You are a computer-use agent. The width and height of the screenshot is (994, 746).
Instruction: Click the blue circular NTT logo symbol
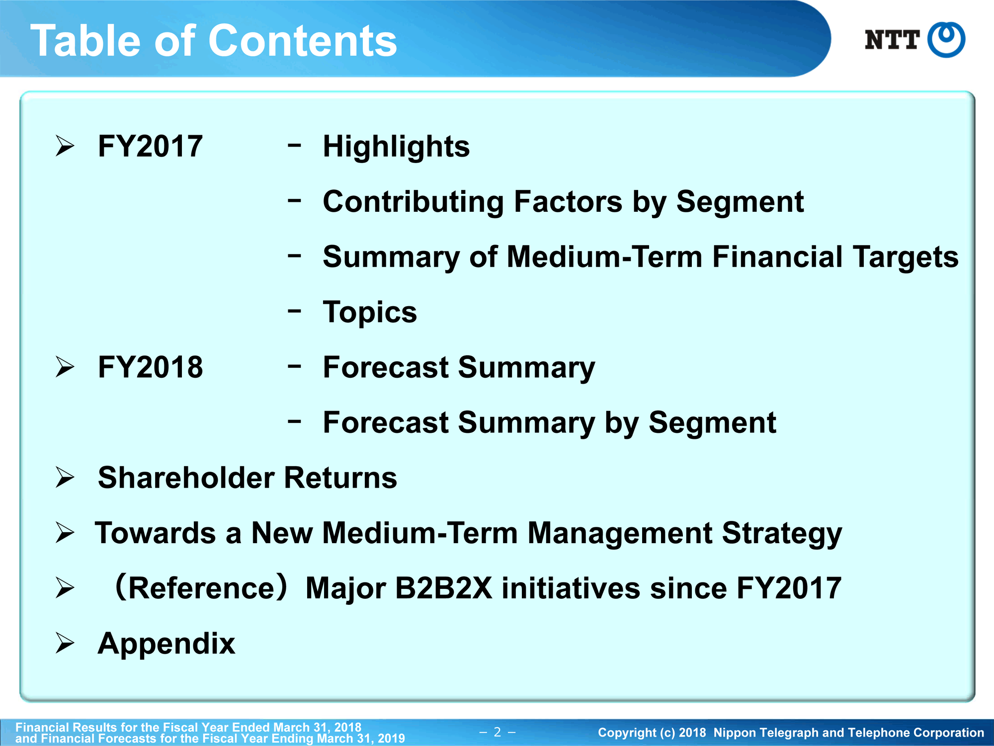(x=946, y=40)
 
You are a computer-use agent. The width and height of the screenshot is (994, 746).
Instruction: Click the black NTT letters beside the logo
(x=892, y=40)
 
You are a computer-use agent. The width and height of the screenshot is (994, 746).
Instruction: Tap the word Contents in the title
(x=303, y=41)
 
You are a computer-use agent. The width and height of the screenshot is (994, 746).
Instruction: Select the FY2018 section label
(x=150, y=367)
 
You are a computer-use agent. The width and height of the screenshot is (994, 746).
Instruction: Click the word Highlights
(x=396, y=147)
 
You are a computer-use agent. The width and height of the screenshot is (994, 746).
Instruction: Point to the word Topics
(x=370, y=313)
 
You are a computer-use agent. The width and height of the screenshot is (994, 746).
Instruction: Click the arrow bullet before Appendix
(x=65, y=643)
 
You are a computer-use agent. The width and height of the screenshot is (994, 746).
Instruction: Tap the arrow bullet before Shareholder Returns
(x=65, y=478)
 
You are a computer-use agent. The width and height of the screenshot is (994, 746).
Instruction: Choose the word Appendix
(x=166, y=644)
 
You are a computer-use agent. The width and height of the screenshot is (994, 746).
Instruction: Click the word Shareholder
(x=186, y=478)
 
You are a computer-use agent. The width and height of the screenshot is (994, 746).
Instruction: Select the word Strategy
(x=782, y=534)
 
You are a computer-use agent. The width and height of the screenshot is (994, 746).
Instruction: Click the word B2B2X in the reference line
(x=444, y=588)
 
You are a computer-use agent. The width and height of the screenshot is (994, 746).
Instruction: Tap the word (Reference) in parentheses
(x=201, y=588)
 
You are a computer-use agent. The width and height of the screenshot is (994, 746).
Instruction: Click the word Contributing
(x=414, y=202)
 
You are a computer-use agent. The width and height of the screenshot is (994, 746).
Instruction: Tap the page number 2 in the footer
(x=497, y=732)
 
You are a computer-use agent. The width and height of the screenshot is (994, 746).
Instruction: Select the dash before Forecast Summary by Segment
(x=294, y=421)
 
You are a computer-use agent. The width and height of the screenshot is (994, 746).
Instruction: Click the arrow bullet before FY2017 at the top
(x=65, y=146)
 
